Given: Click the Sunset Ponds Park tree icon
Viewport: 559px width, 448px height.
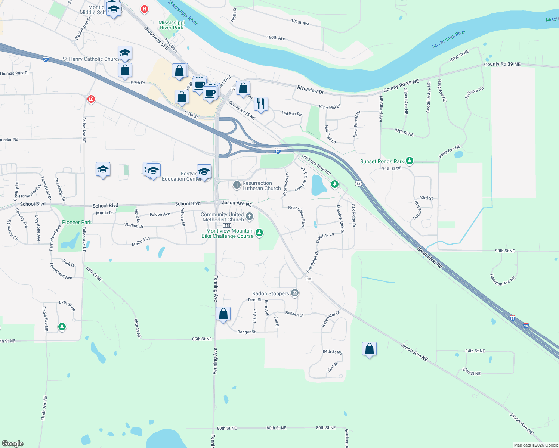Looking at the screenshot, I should [x=410, y=161].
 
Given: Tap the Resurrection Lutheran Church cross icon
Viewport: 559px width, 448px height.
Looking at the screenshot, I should [x=237, y=185].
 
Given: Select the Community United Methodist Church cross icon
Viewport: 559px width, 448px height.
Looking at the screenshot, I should [x=250, y=216].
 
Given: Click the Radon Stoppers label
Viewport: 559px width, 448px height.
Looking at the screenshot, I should [x=271, y=294].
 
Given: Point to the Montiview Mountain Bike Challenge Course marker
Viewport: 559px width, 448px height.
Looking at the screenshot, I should [x=259, y=233].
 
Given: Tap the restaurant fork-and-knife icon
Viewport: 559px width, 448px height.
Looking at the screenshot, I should [x=261, y=103].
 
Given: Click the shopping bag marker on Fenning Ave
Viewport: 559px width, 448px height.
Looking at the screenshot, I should [x=223, y=314].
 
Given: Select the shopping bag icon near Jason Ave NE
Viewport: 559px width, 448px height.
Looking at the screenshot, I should [x=369, y=349].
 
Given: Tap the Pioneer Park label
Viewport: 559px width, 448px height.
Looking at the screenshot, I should [x=77, y=222].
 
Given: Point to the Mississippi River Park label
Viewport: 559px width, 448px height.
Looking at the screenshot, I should [x=172, y=25].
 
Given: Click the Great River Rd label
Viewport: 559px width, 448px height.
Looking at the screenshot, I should [x=430, y=258].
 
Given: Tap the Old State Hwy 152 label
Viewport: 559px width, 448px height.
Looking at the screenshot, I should [x=316, y=165].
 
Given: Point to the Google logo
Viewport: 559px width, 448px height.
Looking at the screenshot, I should [x=13, y=443].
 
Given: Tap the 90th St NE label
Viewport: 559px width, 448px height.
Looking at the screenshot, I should [x=505, y=251].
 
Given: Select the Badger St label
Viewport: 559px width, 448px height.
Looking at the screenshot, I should [x=247, y=332].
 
